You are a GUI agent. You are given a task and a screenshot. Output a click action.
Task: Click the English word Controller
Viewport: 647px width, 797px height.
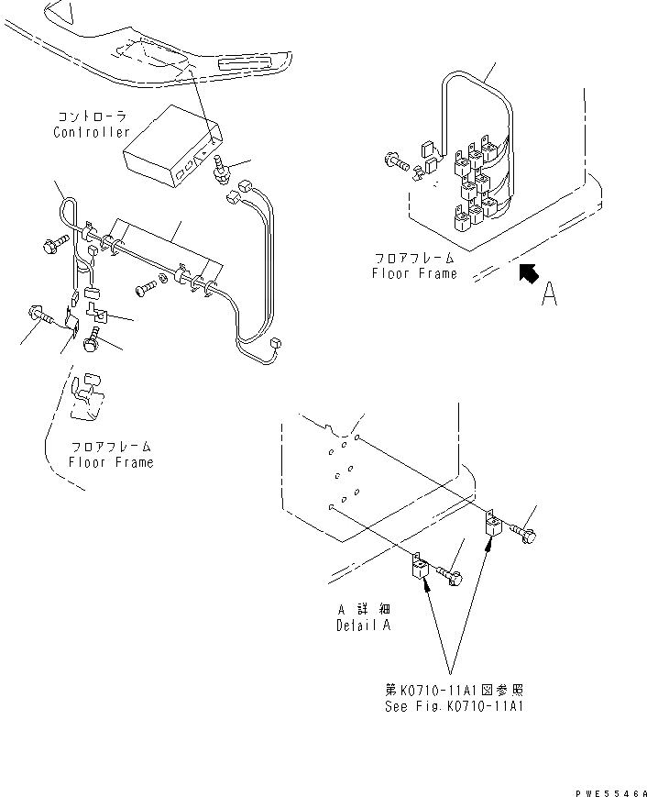[x=92, y=132]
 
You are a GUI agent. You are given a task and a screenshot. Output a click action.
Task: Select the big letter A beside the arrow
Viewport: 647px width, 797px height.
[x=549, y=294]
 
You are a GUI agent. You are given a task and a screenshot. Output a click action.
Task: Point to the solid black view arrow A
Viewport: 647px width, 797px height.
[x=528, y=272]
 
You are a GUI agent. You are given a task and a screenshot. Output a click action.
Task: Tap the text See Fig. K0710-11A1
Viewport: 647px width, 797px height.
[x=455, y=706]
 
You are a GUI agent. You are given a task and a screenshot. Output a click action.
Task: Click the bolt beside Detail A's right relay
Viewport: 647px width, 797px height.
[x=525, y=533]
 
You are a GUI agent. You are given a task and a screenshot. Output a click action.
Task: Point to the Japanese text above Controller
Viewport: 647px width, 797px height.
[x=92, y=116]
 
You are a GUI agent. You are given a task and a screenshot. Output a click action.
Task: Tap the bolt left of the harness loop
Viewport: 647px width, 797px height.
[x=49, y=246]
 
